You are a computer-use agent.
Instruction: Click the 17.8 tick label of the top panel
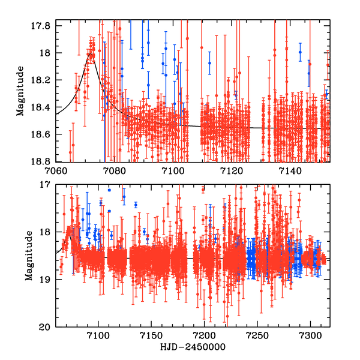(46, 26)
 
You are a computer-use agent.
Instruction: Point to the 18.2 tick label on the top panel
(46, 80)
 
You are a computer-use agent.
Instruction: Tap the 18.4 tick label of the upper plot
(46, 107)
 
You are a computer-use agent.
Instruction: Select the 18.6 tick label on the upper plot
(46, 134)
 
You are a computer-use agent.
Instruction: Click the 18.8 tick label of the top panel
(46, 161)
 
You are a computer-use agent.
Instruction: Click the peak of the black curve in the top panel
(90, 53)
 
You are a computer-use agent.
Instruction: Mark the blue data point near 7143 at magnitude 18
(299, 52)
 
